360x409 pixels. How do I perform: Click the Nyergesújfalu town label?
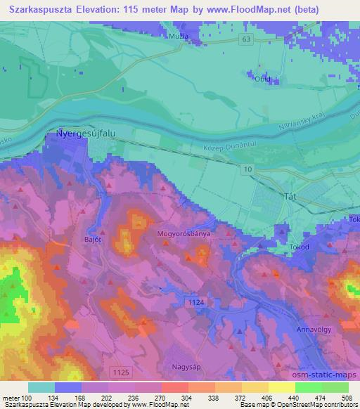point(81,134)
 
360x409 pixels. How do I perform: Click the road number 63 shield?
point(245,39)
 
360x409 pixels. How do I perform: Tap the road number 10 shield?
point(248,169)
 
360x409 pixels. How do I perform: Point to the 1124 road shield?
point(198,301)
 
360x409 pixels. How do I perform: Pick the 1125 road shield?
point(121,370)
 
